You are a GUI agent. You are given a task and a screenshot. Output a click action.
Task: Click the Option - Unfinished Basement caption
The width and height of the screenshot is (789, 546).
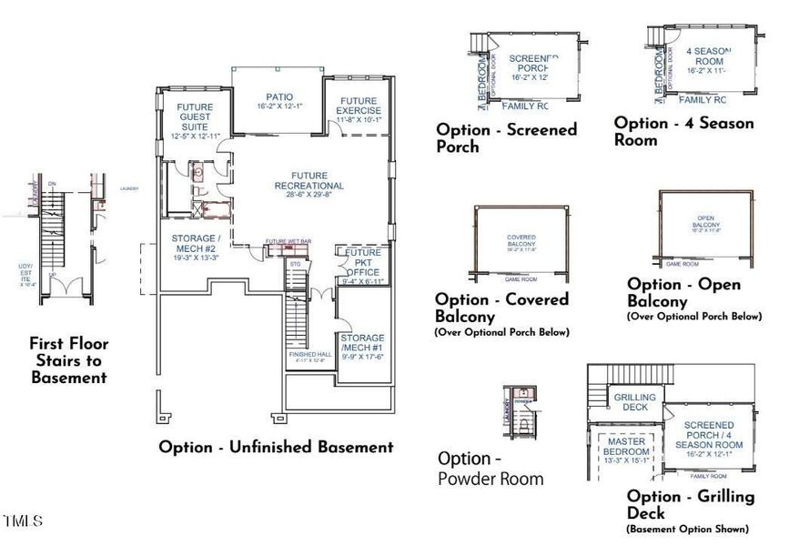click(x=276, y=447)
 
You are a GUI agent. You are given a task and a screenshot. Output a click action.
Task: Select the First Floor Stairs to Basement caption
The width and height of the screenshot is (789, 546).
click(x=68, y=360)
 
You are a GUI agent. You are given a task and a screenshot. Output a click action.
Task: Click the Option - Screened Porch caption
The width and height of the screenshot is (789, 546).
click(x=506, y=137)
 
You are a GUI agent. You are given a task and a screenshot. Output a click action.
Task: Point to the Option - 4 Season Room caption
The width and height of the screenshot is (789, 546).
click(x=683, y=131)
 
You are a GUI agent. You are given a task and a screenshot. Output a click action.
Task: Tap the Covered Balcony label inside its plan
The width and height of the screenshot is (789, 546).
click(x=521, y=244)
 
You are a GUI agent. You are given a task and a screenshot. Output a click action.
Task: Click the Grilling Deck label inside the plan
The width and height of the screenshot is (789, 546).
click(x=630, y=402)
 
